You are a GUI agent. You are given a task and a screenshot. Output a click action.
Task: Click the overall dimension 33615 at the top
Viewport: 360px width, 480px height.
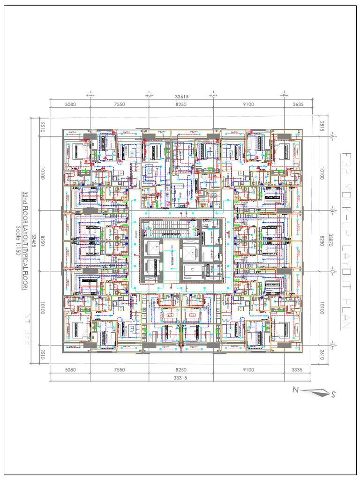[181, 97]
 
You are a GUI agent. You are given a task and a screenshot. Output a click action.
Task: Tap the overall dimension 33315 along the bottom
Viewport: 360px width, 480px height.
[181, 377]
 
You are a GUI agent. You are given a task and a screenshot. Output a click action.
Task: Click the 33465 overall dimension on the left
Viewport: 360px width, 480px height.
[33, 240]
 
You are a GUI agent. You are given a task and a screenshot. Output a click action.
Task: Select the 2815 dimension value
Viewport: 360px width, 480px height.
[322, 126]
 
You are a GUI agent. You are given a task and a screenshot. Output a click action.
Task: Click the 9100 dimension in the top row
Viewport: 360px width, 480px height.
[248, 104]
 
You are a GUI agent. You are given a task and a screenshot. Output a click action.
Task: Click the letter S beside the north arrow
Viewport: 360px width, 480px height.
[333, 395]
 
